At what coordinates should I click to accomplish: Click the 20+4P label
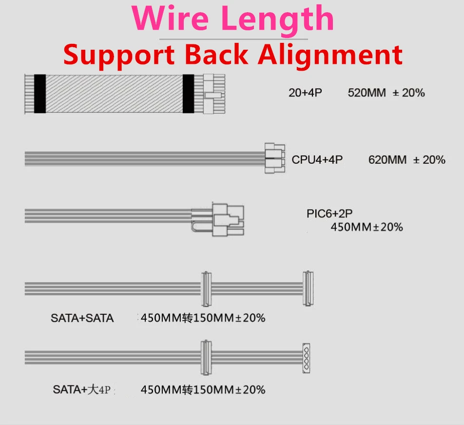(305, 93)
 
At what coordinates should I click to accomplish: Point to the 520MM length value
(367, 93)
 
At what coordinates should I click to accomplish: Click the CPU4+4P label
(317, 159)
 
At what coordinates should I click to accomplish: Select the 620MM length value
(387, 160)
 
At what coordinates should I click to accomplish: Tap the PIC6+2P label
(329, 213)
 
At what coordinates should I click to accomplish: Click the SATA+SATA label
(82, 318)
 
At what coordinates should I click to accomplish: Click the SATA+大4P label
(82, 389)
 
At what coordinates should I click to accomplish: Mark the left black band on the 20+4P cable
(40, 94)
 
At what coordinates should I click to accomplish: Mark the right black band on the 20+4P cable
(188, 94)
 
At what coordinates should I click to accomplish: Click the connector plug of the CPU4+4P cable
(274, 158)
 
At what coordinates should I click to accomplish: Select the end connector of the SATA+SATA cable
(308, 289)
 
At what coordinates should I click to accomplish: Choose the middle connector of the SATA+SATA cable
(206, 289)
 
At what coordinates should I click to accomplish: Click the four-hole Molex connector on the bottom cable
(306, 358)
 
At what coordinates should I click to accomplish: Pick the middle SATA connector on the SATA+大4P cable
(206, 358)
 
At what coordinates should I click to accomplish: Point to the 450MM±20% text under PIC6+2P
(367, 227)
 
